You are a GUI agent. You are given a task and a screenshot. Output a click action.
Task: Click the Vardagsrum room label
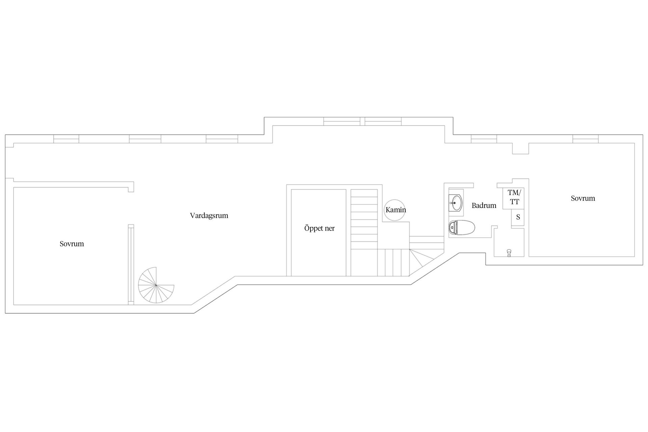[x=209, y=216]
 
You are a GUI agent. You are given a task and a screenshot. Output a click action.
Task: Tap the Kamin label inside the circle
[x=396, y=210]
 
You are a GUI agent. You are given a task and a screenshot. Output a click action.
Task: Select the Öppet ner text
[x=319, y=228]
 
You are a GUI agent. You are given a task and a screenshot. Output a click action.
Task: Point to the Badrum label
[x=484, y=205]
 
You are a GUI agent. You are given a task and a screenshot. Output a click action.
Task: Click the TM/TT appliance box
[x=513, y=198]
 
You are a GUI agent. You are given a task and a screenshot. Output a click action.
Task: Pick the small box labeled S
[x=517, y=217]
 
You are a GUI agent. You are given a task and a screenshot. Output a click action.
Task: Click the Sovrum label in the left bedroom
[x=72, y=244]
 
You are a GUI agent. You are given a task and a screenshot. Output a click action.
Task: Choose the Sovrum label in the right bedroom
[x=583, y=198]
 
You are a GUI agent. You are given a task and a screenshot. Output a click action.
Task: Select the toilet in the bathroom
[x=462, y=227]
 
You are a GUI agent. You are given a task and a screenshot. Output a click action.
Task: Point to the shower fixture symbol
[x=509, y=253]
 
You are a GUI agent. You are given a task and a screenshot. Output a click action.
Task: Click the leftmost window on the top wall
[x=66, y=139]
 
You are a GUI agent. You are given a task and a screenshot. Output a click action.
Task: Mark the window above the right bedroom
[x=585, y=139]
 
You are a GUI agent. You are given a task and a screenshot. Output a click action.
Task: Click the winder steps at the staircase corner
[x=422, y=258]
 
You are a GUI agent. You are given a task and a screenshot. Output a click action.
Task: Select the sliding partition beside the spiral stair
[x=131, y=265]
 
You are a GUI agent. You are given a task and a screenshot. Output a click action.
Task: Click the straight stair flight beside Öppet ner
[x=364, y=233]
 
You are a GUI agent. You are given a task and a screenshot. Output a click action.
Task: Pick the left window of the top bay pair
[x=342, y=121]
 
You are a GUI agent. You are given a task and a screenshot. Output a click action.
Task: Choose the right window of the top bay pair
[x=383, y=121]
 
